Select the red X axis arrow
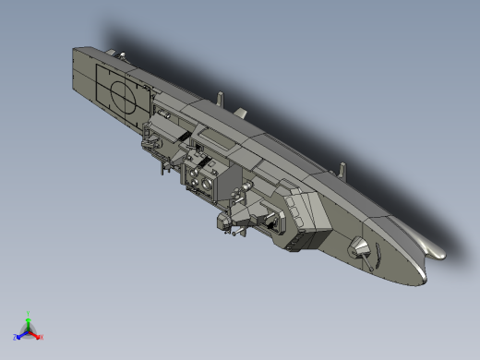pos(37,335)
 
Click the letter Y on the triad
pos(29,313)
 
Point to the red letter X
pos(42,338)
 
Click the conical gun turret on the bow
pos(359,246)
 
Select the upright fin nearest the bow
pos(343,171)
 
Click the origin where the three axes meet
pos(29,330)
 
